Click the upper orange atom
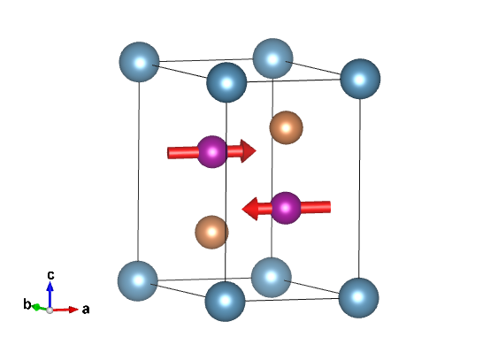[286, 127]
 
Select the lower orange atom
[211, 232]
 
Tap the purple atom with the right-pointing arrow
[212, 152]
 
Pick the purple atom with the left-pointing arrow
[286, 208]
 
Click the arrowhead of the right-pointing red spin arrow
[249, 150]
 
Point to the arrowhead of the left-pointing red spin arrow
[249, 209]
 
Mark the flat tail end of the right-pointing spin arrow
[168, 153]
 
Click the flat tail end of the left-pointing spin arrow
[330, 207]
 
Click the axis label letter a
[86, 309]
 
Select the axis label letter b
[27, 303]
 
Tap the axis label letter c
[50, 274]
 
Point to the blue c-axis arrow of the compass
[50, 295]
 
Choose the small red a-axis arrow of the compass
[65, 310]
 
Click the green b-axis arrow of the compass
[40, 308]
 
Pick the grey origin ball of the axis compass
[50, 310]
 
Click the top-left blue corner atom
[139, 62]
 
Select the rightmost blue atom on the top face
[360, 79]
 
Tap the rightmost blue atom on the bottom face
[358, 298]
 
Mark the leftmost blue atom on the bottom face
[137, 281]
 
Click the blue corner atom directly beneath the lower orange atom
[225, 302]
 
